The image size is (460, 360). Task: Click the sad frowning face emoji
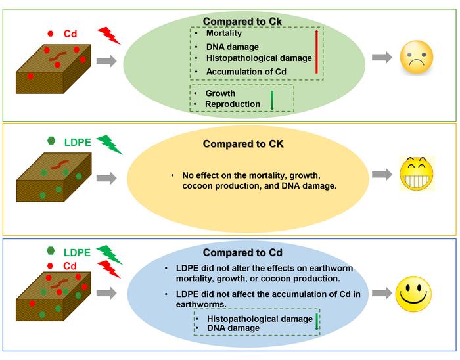click(x=417, y=58)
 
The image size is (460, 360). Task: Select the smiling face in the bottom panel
click(x=417, y=292)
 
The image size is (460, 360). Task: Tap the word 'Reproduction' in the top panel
click(x=233, y=104)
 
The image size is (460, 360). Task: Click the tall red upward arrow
click(x=317, y=51)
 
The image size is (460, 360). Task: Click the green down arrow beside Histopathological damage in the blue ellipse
click(x=317, y=322)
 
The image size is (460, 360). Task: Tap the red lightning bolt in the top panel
click(x=109, y=35)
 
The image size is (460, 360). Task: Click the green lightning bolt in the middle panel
click(x=109, y=145)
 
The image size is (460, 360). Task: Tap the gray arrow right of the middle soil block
click(x=107, y=177)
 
